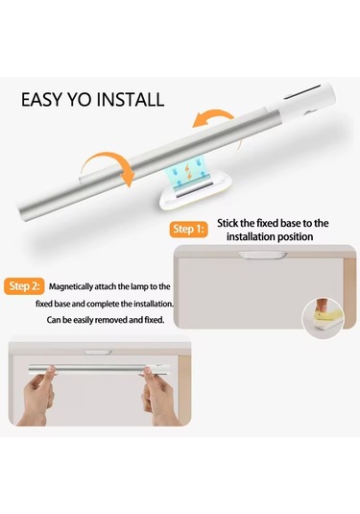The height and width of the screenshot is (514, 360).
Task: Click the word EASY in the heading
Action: (x=46, y=100)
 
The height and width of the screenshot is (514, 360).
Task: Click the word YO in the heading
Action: (x=84, y=100)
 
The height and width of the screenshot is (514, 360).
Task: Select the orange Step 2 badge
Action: (x=22, y=286)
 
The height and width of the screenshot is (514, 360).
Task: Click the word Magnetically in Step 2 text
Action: (x=79, y=287)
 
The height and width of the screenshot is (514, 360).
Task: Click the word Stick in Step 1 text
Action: (x=230, y=222)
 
